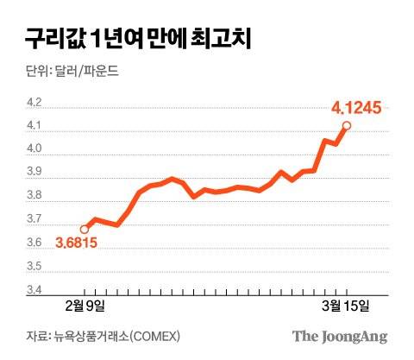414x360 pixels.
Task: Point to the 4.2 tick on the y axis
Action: pos(34,103)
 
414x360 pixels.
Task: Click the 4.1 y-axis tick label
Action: pos(34,126)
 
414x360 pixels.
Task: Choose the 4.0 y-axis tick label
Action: pos(34,149)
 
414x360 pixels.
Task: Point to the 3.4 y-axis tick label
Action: pos(34,290)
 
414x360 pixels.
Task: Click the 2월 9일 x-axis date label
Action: pos(85,306)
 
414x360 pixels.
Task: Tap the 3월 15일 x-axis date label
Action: pos(346,306)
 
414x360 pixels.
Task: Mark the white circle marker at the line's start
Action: pos(84,230)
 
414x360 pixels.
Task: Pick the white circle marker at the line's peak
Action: pos(347,126)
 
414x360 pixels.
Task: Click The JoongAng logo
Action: pos(339,337)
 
